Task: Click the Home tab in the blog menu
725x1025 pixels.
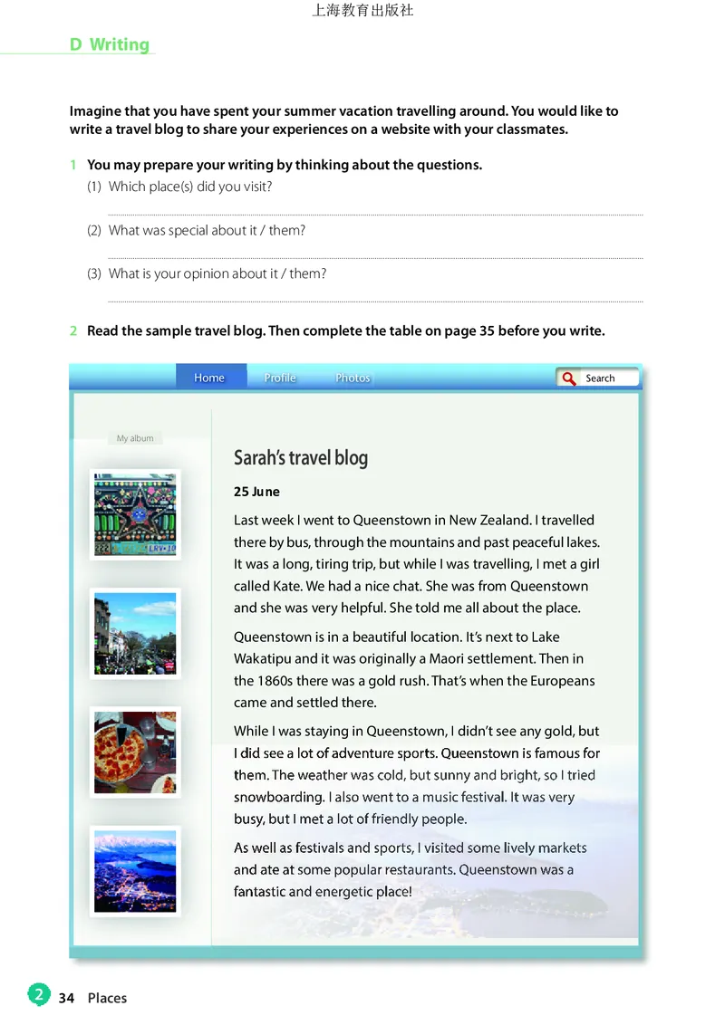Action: point(209,378)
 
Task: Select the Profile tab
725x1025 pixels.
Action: point(280,378)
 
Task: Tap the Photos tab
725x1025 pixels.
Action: point(353,378)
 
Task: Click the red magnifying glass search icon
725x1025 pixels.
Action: point(569,378)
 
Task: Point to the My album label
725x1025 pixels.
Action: point(135,438)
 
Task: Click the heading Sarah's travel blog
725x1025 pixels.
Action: point(301,458)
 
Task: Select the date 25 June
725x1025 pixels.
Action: point(256,492)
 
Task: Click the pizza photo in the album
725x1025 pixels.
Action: point(135,752)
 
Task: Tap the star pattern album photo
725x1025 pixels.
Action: point(135,514)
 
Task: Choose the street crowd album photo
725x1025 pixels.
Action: point(135,633)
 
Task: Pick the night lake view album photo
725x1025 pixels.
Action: point(135,871)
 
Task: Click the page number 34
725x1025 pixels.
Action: point(66,998)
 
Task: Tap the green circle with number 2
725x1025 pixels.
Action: point(38,995)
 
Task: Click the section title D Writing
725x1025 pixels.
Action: point(110,44)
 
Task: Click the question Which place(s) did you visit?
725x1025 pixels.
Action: point(190,187)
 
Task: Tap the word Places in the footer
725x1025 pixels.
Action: point(107,998)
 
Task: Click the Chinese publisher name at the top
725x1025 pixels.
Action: point(362,11)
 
